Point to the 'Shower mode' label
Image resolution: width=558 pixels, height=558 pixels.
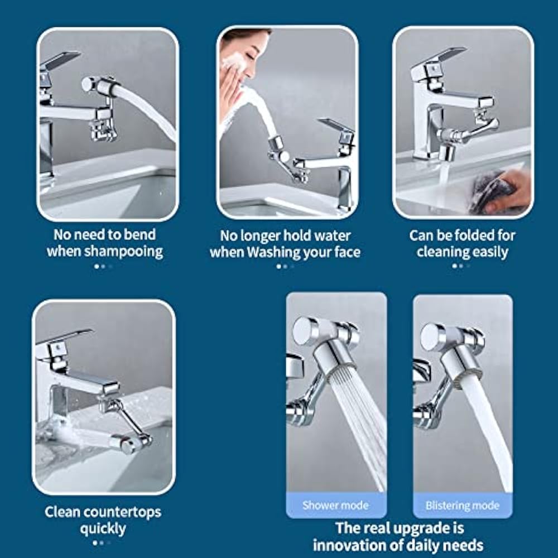click(x=335, y=506)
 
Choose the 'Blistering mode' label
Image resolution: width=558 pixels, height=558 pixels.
click(x=462, y=506)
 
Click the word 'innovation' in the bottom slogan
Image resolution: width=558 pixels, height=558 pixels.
click(x=349, y=545)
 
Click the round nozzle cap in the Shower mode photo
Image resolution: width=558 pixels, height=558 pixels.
click(x=304, y=331)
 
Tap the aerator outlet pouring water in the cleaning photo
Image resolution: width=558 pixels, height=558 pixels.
click(x=446, y=153)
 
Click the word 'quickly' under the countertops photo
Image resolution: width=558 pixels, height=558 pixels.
click(x=103, y=529)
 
